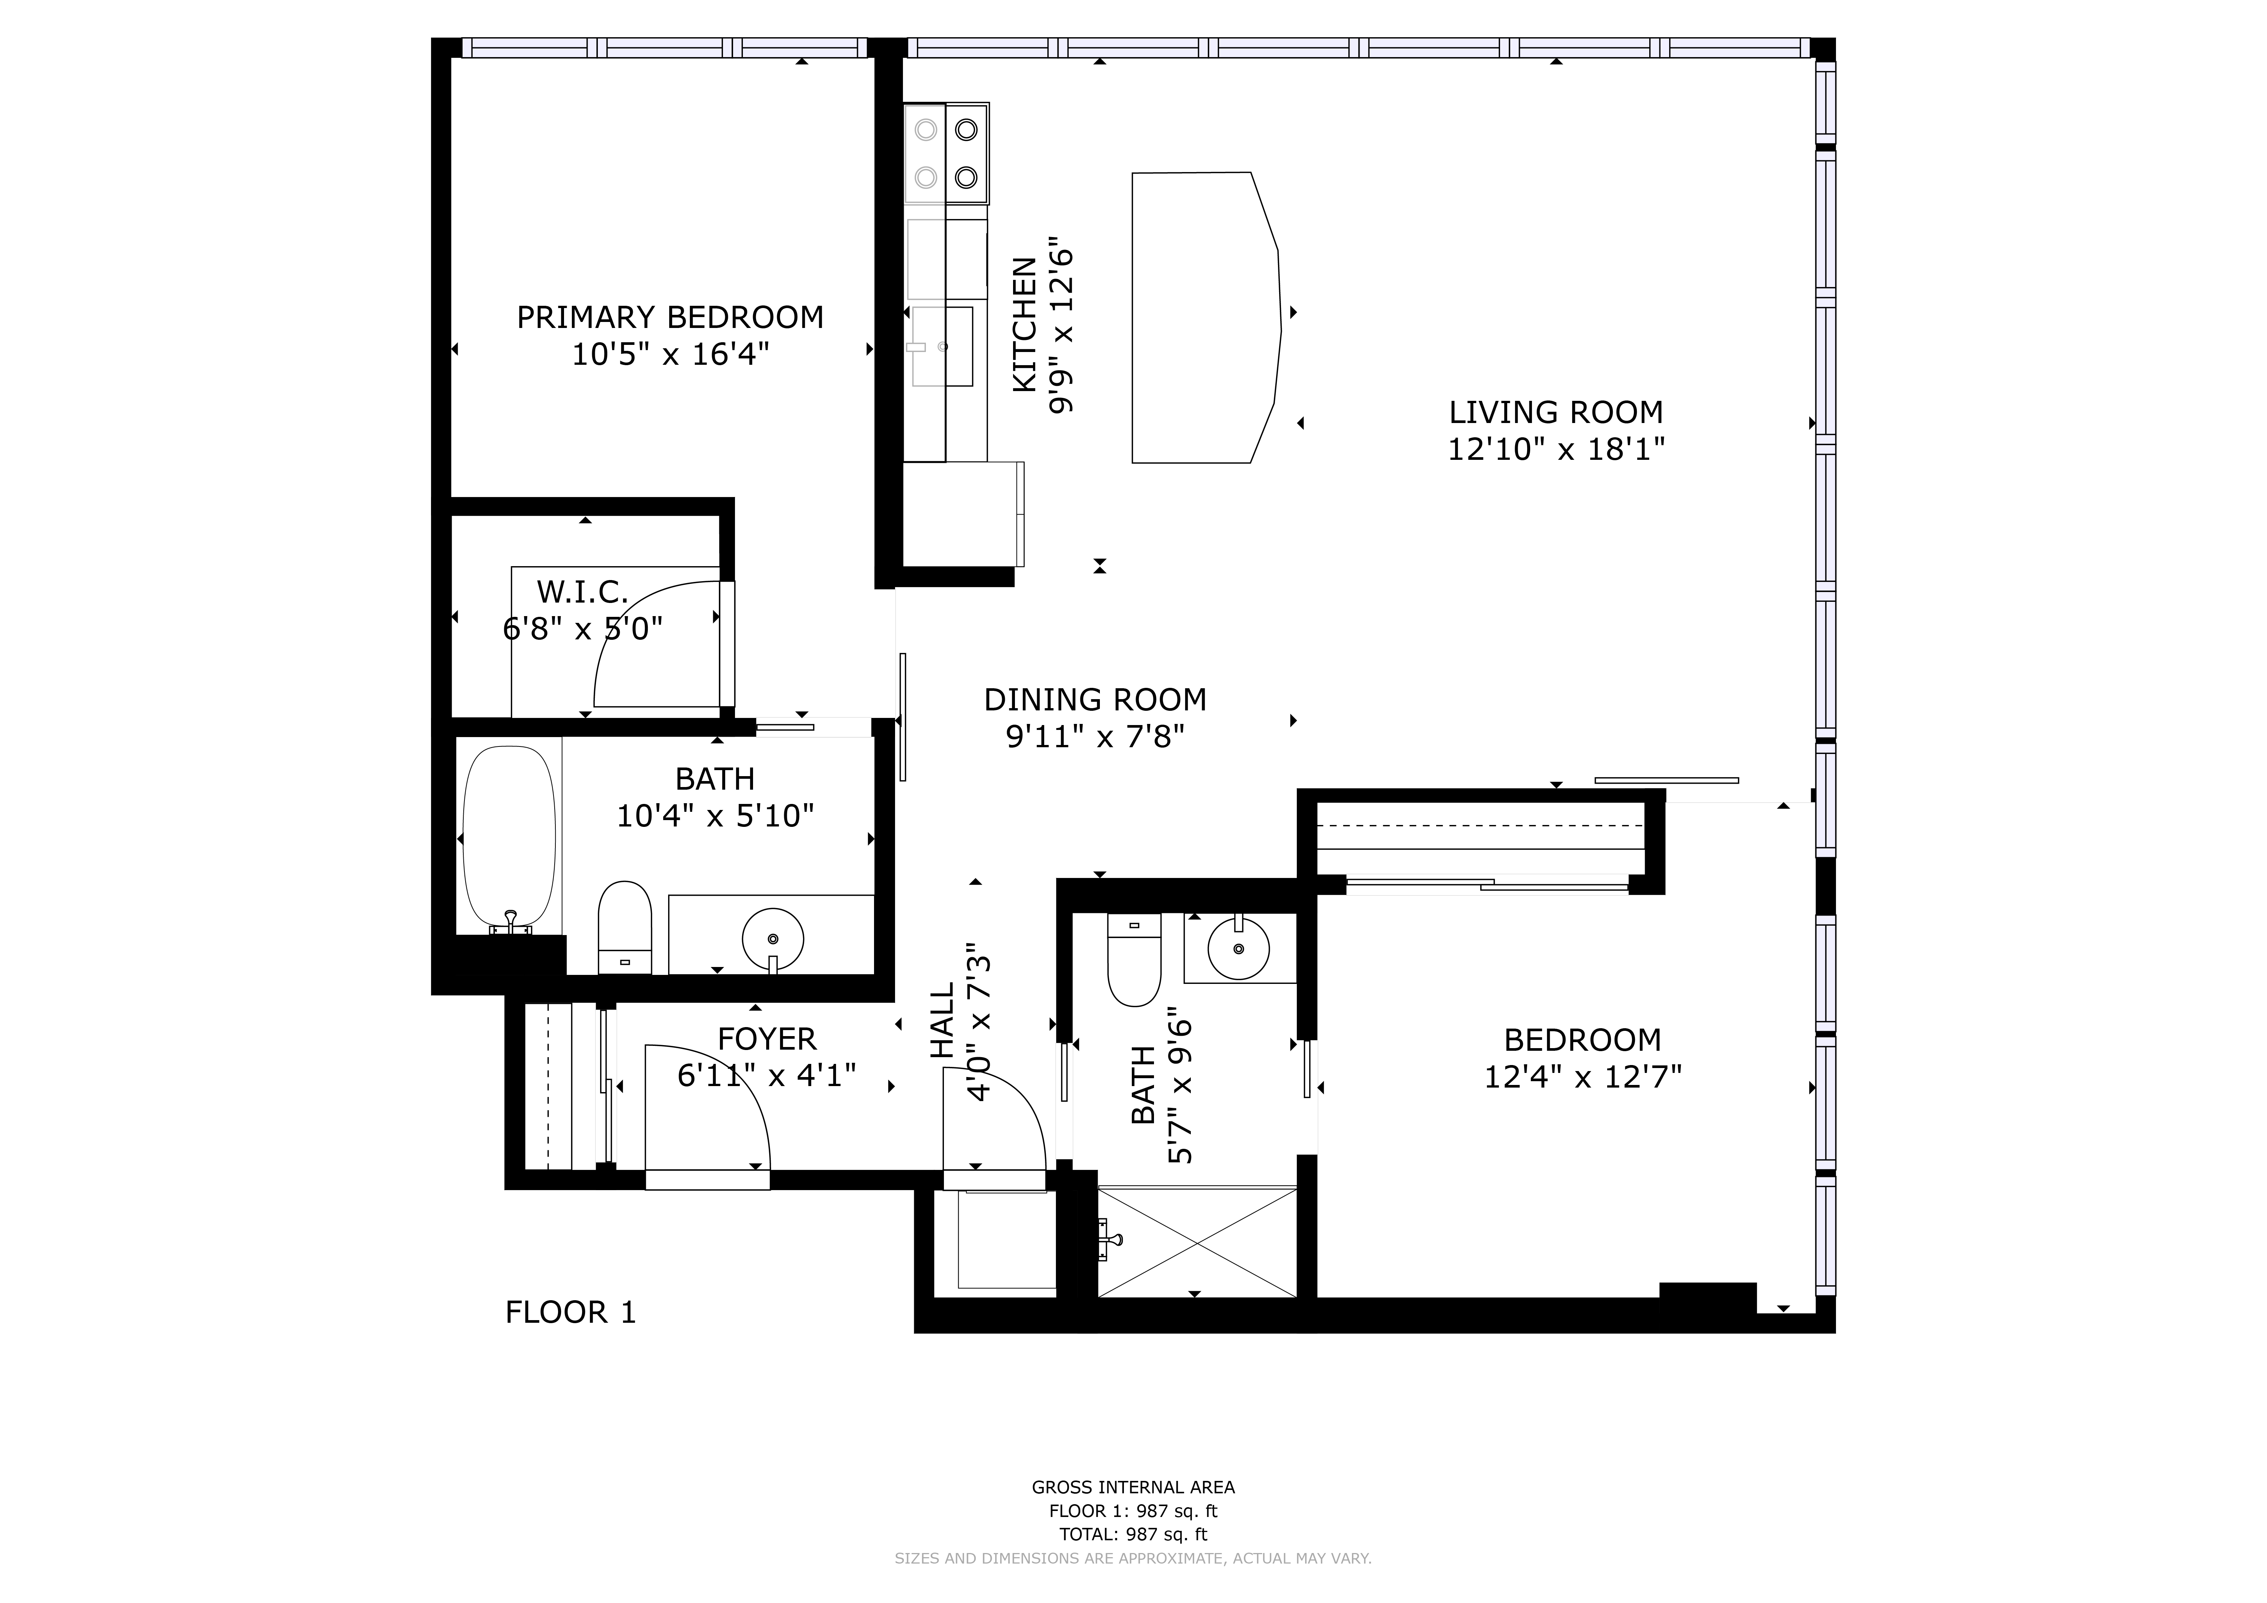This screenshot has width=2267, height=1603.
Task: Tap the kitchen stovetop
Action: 946,153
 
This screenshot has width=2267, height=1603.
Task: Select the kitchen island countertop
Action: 1207,317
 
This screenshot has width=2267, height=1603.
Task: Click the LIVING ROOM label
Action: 1556,412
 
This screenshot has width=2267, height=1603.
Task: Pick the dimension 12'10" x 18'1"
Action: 1556,449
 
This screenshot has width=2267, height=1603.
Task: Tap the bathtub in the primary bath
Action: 510,837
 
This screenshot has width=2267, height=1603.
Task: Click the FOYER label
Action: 767,1038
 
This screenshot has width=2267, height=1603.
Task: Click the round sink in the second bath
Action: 1238,947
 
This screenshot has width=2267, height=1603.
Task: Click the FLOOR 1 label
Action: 571,1312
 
